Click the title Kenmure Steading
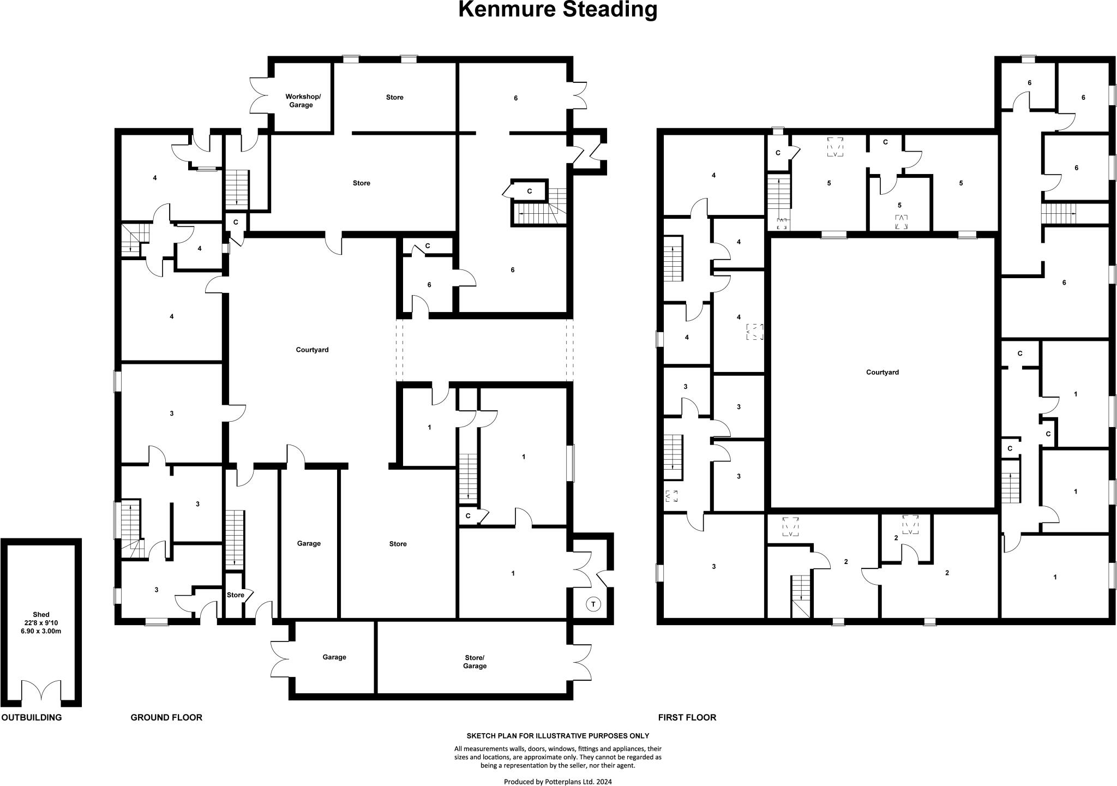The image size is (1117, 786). pyautogui.click(x=557, y=9)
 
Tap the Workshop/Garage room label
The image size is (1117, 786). pyautogui.click(x=303, y=100)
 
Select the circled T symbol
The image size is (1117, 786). pyautogui.click(x=593, y=604)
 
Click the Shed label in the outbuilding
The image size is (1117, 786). pyautogui.click(x=41, y=615)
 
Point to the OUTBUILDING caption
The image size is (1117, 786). pyautogui.click(x=32, y=717)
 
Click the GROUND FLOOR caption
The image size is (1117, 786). pyautogui.click(x=166, y=717)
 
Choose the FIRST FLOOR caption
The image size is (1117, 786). pyautogui.click(x=687, y=717)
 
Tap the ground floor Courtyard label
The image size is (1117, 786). pyautogui.click(x=312, y=350)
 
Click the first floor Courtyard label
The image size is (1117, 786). pyautogui.click(x=882, y=372)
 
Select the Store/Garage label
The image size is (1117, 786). pyautogui.click(x=475, y=662)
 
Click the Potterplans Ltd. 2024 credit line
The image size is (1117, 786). pyautogui.click(x=557, y=782)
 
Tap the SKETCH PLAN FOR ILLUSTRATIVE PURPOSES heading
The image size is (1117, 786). pyautogui.click(x=557, y=736)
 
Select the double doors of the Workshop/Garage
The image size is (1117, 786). pyautogui.click(x=261, y=96)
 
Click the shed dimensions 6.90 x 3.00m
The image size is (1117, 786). pyautogui.click(x=41, y=631)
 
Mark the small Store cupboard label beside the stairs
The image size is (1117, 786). pyautogui.click(x=236, y=595)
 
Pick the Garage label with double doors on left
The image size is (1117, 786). pyautogui.click(x=334, y=657)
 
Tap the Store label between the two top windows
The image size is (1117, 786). pyautogui.click(x=394, y=97)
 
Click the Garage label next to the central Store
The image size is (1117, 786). pyautogui.click(x=309, y=543)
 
